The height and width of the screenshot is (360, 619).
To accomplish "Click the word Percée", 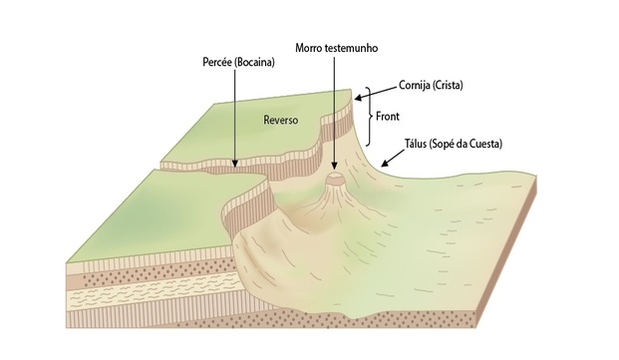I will (x=215, y=61).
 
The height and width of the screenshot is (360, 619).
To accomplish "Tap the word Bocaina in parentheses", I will (x=254, y=61).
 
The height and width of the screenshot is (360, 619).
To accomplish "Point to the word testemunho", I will (x=355, y=47).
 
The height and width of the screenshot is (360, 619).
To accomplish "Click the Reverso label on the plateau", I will (x=280, y=120).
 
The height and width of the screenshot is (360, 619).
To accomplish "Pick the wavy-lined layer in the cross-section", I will (x=130, y=299).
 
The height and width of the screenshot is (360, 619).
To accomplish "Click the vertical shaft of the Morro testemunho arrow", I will (x=333, y=110).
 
